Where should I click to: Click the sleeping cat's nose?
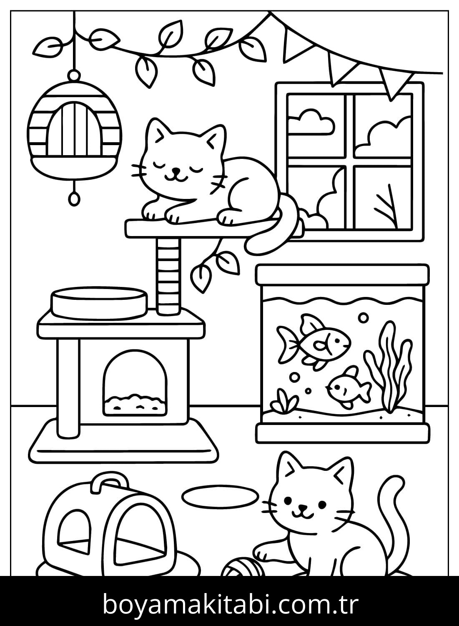tap(175, 170)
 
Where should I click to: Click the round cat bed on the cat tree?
tap(100, 304)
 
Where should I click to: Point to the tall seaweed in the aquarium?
tap(388, 366)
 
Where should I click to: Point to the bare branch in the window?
tap(387, 207)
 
